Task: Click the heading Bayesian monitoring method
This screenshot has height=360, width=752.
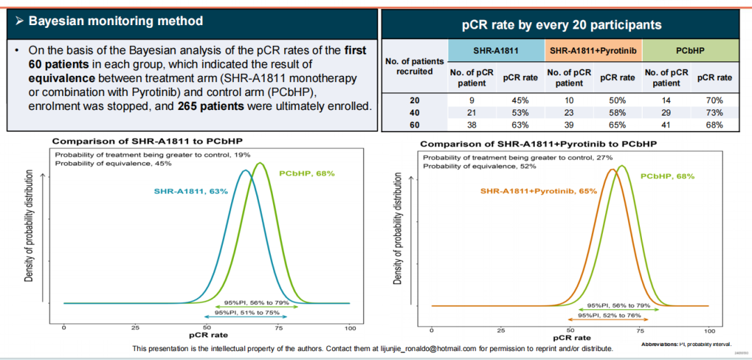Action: (116, 21)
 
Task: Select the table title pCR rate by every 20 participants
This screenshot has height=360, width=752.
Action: (561, 25)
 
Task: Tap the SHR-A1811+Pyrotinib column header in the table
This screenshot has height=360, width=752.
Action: (592, 51)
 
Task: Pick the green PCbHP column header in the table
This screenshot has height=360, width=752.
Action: (689, 51)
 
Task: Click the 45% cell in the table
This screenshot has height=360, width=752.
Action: (520, 100)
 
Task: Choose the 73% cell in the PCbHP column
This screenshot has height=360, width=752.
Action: (714, 113)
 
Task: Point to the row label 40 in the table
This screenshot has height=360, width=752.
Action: (414, 113)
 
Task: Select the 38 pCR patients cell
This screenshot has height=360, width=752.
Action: (471, 125)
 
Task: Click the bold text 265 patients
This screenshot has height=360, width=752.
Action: (211, 106)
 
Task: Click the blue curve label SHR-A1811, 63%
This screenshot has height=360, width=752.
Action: (191, 190)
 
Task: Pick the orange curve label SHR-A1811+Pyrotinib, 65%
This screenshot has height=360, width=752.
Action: (538, 190)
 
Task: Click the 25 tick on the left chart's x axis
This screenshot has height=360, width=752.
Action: (135, 327)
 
